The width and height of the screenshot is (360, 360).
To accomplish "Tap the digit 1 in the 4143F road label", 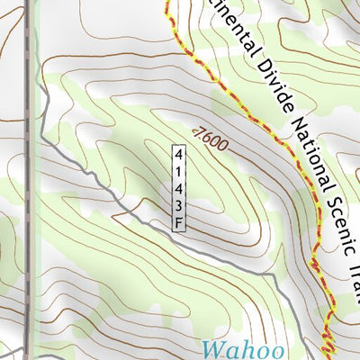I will [179, 168].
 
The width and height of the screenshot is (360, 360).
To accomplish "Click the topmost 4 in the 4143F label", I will [179, 151].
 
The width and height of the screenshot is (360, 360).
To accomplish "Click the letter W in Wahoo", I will [212, 348].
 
